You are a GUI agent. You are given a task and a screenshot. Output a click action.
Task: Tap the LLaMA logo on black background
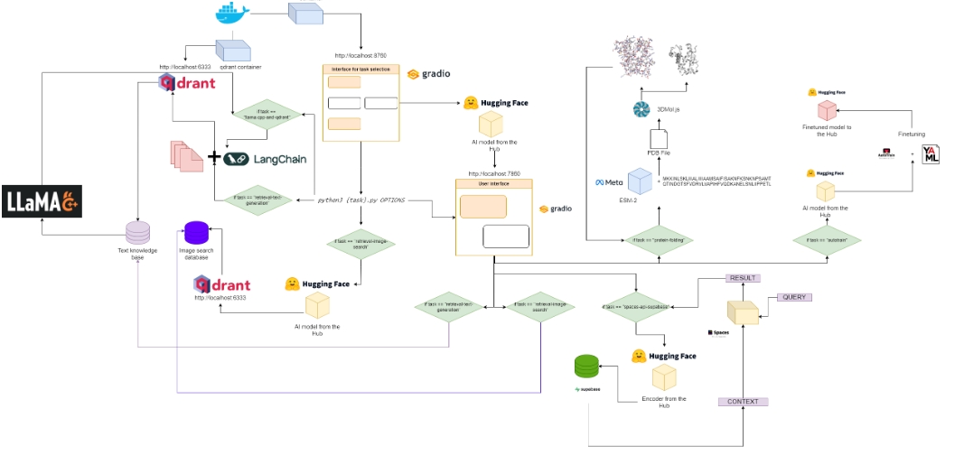[x=42, y=202]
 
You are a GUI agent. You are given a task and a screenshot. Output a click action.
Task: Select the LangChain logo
[x=267, y=159]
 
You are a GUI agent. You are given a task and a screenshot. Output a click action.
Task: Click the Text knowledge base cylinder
[x=137, y=234]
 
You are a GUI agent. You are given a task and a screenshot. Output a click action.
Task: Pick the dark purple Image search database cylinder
[x=197, y=234]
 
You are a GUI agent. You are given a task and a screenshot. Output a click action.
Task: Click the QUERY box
[x=793, y=297]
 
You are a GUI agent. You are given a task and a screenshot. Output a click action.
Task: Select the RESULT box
[x=742, y=278]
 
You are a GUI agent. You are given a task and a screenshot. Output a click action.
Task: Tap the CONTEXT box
[x=742, y=401]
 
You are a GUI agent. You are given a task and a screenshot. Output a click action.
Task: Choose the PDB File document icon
[x=659, y=140]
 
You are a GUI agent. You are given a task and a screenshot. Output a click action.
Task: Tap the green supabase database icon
[x=587, y=367]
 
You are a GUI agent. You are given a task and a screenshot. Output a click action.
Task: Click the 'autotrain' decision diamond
[x=826, y=240]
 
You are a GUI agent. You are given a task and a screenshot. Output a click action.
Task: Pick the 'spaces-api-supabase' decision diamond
[x=636, y=307]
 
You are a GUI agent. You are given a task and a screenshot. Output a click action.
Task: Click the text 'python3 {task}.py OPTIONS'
[x=360, y=200]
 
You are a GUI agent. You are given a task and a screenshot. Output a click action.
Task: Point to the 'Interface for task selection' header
[x=360, y=69]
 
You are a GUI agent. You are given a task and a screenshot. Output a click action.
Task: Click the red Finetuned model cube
[x=826, y=110]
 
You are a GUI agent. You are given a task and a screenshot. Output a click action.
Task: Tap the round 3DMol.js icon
[x=641, y=109]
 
